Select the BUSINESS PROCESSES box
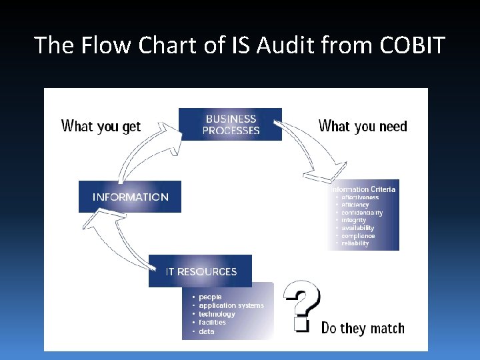point(231,125)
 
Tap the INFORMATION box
point(130,197)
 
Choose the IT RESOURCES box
point(201,271)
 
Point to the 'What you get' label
point(101,126)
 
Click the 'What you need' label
point(363,126)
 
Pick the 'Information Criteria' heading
point(364,189)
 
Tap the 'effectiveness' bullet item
point(360,197)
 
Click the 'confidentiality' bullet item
point(362,213)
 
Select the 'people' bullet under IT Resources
point(210,297)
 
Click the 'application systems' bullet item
point(231,305)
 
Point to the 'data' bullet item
point(207,331)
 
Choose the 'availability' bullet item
point(358,228)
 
